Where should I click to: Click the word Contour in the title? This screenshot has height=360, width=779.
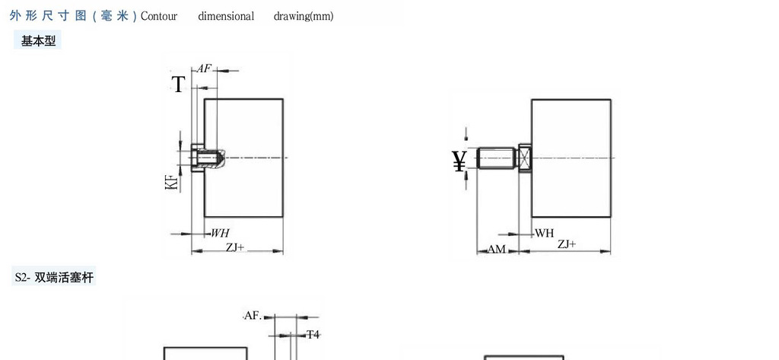point(158,16)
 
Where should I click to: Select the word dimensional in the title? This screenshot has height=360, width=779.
point(226,16)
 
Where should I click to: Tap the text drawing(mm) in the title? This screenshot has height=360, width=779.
point(304,16)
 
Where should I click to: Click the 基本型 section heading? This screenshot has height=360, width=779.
point(38,41)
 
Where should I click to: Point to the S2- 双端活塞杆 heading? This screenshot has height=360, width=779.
point(54,276)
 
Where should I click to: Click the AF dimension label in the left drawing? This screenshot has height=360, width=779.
point(204,68)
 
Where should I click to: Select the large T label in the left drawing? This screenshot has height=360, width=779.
point(178,84)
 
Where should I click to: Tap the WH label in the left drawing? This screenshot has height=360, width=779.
point(220,233)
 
